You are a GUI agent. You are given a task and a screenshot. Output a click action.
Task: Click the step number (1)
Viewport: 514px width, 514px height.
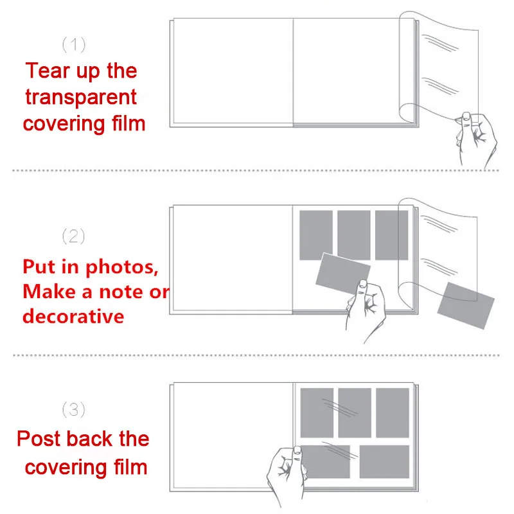pos(73,44)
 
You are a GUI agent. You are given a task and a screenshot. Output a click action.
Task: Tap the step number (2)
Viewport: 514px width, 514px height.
pos(73,236)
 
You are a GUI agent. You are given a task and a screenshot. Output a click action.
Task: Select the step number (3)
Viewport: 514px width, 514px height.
pos(73,409)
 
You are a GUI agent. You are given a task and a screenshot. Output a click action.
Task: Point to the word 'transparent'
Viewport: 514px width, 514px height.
pos(81,97)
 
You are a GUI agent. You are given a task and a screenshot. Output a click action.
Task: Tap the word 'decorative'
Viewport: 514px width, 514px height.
pos(73,316)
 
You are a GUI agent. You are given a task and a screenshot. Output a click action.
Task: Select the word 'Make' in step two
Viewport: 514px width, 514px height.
pos(50,292)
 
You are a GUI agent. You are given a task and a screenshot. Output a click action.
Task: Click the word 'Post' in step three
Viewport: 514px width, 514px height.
pos(39,439)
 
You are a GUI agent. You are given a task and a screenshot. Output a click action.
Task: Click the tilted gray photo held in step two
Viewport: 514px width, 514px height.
pos(343,270)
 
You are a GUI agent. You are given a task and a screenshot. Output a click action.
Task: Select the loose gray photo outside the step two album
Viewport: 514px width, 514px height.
pos(466,306)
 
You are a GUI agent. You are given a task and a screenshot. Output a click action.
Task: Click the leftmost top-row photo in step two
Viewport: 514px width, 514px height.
pos(316,234)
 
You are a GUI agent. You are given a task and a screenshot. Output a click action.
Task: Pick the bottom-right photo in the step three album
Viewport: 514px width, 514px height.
pos(384,461)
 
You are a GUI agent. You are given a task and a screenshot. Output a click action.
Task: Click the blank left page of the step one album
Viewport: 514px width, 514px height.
pos(233,70)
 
